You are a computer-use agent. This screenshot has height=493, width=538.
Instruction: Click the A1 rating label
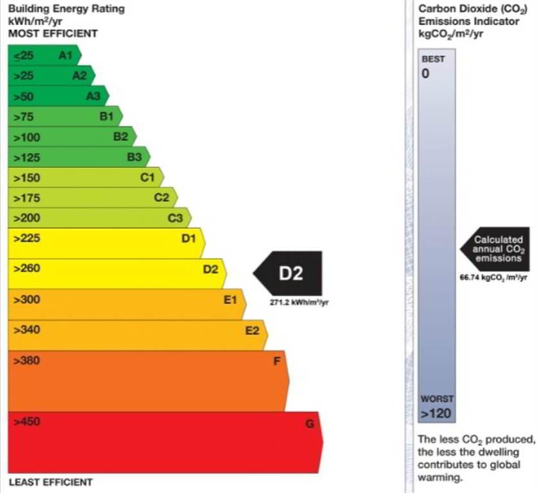click(65, 56)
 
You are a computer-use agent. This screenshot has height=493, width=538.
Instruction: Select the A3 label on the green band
click(93, 96)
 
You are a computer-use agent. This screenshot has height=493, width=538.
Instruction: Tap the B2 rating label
click(121, 136)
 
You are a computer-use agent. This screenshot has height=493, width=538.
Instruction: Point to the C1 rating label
click(148, 177)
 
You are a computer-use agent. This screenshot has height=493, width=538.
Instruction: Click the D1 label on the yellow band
click(188, 239)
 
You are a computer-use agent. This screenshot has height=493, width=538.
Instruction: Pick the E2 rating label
click(252, 331)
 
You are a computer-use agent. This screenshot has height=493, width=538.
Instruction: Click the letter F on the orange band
click(277, 361)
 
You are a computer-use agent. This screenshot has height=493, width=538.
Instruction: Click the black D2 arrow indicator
click(288, 274)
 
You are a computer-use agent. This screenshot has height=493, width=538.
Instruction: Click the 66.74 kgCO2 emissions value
click(494, 277)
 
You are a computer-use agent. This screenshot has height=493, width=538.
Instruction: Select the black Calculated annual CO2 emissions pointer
click(496, 248)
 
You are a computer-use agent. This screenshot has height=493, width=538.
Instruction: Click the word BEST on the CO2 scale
click(433, 59)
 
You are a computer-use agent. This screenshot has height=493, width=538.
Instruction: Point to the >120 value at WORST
click(435, 413)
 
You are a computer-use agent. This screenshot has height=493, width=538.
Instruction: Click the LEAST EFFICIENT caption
click(51, 482)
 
